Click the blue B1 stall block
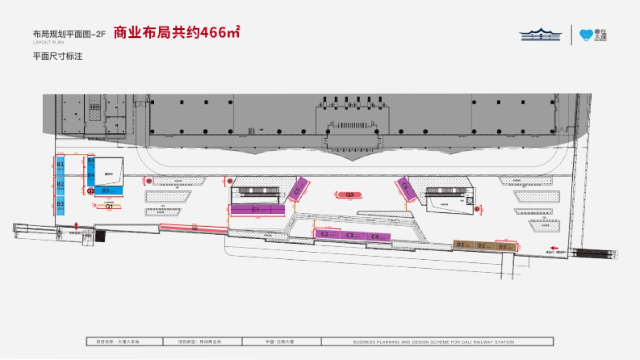(x=60, y=165)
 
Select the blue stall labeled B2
(x=60, y=186)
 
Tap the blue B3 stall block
(x=60, y=205)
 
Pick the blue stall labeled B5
(x=108, y=190)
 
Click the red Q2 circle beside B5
(x=91, y=190)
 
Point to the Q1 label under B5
(x=109, y=206)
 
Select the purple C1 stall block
(x=258, y=210)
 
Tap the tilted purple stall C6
(x=405, y=187)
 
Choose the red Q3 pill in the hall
(x=350, y=195)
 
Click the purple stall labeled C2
(x=325, y=234)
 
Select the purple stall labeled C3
(x=350, y=235)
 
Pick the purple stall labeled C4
(x=376, y=236)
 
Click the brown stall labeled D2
(x=482, y=245)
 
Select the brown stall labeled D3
(x=503, y=246)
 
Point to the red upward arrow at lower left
(x=77, y=225)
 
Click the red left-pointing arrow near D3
(x=555, y=247)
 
